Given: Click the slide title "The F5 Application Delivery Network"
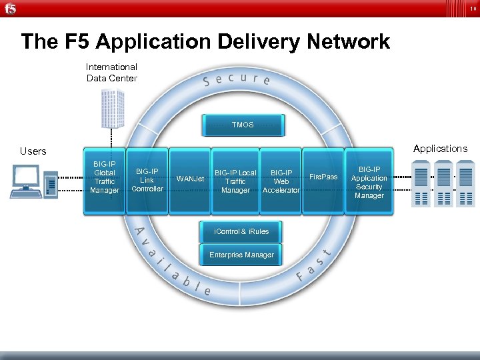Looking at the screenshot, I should coord(205,41).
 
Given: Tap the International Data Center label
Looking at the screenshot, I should coord(112,73).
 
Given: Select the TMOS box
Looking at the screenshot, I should coord(243,125).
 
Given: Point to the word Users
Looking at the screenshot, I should coord(33,151).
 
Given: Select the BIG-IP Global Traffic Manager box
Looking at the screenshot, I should coord(104,181).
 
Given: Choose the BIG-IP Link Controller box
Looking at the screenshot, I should coord(147,180).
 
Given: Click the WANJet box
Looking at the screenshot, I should coord(190,179).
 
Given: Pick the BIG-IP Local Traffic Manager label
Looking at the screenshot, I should coord(235,181).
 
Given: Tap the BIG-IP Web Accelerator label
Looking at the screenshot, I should coord(281,181).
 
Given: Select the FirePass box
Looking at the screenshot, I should coord(324,177).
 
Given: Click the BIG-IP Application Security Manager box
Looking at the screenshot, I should coord(369,182).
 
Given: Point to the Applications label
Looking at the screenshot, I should coord(440,149).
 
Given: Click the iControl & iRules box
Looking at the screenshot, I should coord(241,231).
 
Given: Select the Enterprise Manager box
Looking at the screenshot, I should coord(241,255).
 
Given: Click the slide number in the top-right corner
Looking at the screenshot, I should coord(473,9).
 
